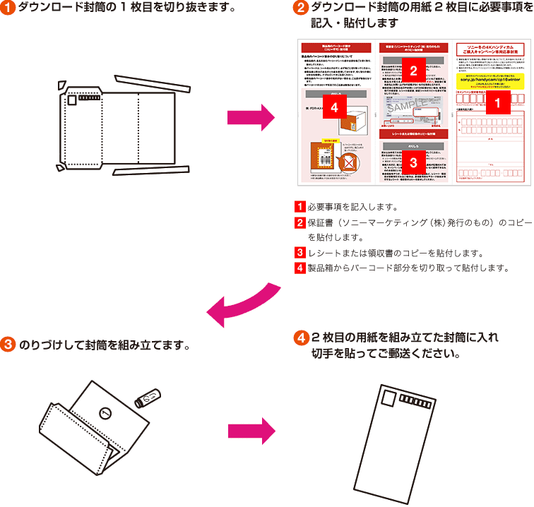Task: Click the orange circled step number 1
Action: click(8, 9)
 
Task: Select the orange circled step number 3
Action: click(8, 345)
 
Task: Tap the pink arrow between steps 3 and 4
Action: click(250, 430)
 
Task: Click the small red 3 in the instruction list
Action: click(299, 253)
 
